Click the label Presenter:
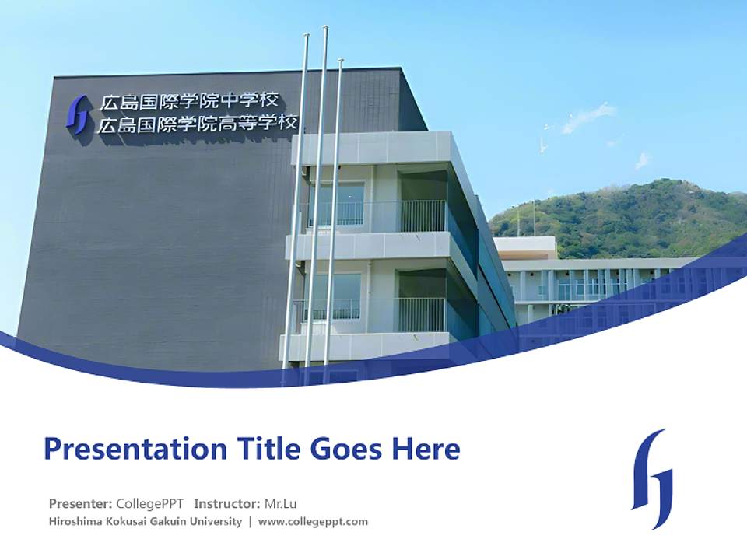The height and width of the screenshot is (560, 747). pyautogui.click(x=81, y=503)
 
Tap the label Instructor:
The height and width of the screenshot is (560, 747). pyautogui.click(x=227, y=503)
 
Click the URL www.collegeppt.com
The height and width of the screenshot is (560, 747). pyautogui.click(x=313, y=522)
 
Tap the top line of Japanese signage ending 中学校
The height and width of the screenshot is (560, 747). pyautogui.click(x=188, y=102)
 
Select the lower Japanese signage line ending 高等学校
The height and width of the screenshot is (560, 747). pyautogui.click(x=198, y=124)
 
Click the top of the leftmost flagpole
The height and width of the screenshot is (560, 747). pyautogui.click(x=307, y=36)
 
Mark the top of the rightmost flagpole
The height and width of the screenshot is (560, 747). pyautogui.click(x=341, y=61)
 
